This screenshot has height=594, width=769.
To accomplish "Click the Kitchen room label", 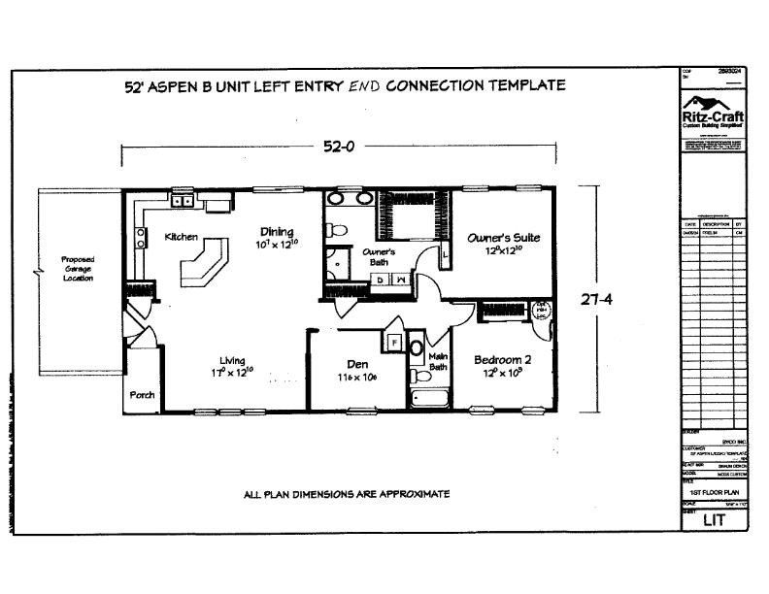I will pyautogui.click(x=182, y=237).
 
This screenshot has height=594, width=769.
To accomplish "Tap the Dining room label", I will pyautogui.click(x=277, y=231).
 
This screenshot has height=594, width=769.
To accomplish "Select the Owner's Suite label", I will pyautogui.click(x=503, y=237).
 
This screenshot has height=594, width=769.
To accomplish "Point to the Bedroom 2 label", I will pyautogui.click(x=503, y=360).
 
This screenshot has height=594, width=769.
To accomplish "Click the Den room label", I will pyautogui.click(x=356, y=365).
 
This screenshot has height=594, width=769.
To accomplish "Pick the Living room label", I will pyautogui.click(x=231, y=359).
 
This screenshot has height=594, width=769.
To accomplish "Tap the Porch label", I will pyautogui.click(x=143, y=395).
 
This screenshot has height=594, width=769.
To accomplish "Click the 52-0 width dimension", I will pyautogui.click(x=338, y=148).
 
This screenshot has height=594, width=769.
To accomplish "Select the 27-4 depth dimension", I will pyautogui.click(x=596, y=301).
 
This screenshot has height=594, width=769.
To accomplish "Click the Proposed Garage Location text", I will pyautogui.click(x=78, y=269).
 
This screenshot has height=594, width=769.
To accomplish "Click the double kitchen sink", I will pyautogui.click(x=182, y=201).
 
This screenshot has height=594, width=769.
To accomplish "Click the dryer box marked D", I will pyautogui.click(x=380, y=280).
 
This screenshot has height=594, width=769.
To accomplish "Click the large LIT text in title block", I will pyautogui.click(x=714, y=520).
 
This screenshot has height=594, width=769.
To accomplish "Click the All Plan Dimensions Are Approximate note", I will pyautogui.click(x=346, y=494).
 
